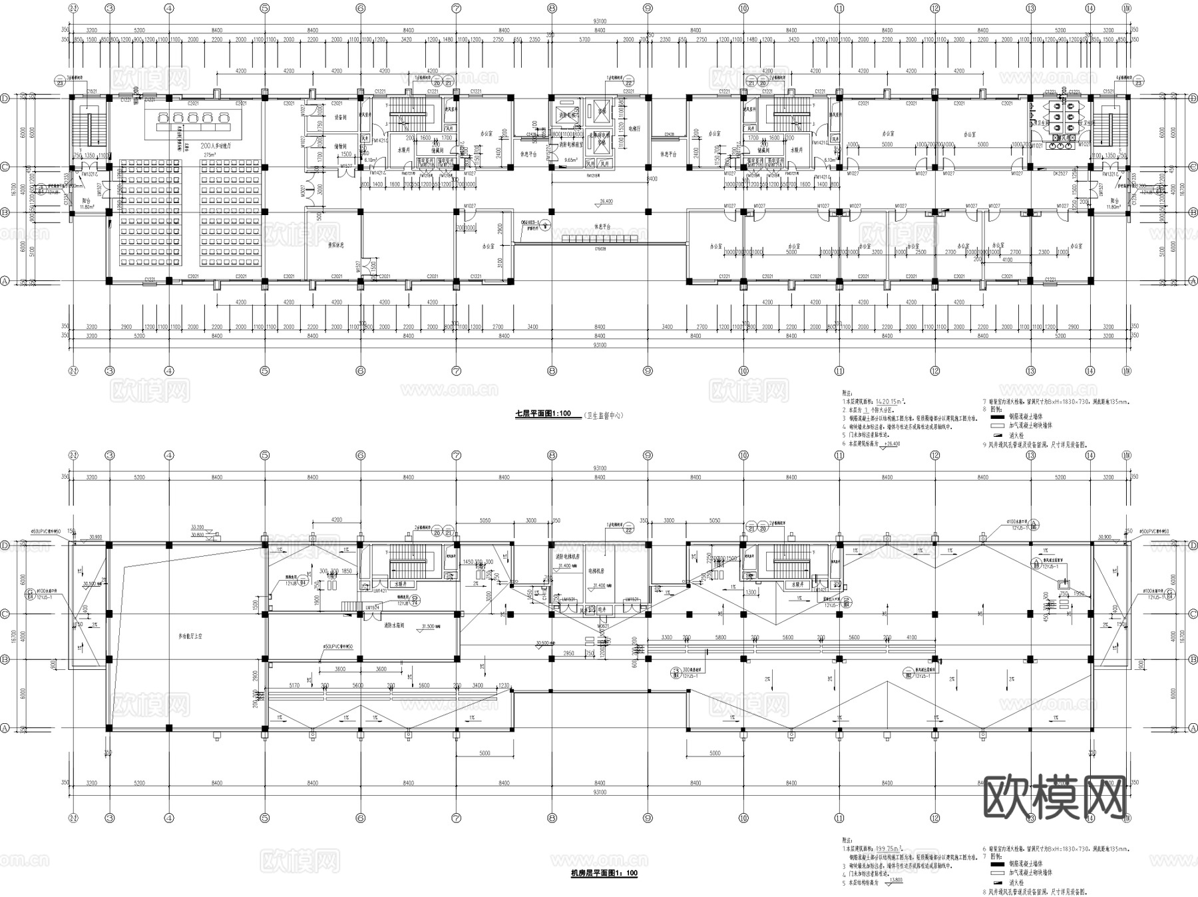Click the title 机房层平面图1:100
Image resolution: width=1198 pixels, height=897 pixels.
[604, 873]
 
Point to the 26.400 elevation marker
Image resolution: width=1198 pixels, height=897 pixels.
[606, 200]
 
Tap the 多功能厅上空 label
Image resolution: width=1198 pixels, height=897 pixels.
[191, 637]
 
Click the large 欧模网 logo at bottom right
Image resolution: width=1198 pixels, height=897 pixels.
[1054, 797]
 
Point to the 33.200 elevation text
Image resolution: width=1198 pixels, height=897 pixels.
[197, 526]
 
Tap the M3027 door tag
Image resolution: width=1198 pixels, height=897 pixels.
[301, 190]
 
